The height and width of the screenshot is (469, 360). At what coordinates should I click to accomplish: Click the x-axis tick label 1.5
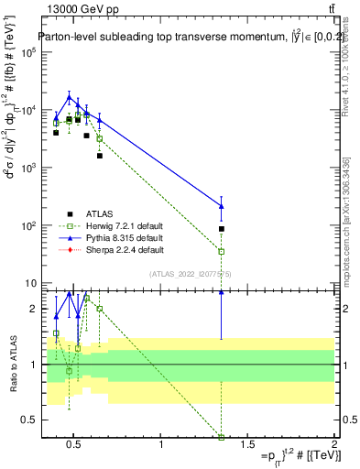click(247, 444)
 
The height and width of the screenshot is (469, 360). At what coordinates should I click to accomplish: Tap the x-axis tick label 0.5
click(75, 444)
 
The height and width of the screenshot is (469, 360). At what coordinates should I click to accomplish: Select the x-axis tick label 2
click(333, 444)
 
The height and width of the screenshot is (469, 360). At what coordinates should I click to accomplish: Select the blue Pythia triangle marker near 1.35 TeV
click(222, 205)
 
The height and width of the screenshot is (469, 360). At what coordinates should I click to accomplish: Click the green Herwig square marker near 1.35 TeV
click(222, 251)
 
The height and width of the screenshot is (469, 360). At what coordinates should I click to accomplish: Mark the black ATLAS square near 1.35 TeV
click(222, 228)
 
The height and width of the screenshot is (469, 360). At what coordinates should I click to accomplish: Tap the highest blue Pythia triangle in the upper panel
click(69, 97)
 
